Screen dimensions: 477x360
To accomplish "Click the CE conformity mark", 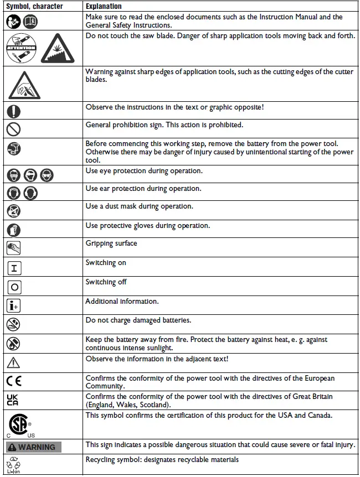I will (15, 381).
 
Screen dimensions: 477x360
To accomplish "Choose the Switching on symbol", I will (14, 268).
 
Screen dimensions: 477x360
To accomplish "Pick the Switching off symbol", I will (14, 287).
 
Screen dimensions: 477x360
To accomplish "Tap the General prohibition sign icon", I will (13, 129).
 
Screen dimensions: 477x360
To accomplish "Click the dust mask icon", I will (13, 210).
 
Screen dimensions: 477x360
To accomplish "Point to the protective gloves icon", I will (13, 229).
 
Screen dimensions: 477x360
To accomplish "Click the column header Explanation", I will (104, 6).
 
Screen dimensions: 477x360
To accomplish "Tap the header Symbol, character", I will (34, 6).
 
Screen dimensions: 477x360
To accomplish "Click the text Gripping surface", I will (111, 243).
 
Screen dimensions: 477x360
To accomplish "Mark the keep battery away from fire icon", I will (13, 343).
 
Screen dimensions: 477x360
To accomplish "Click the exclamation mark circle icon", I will (13, 111).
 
